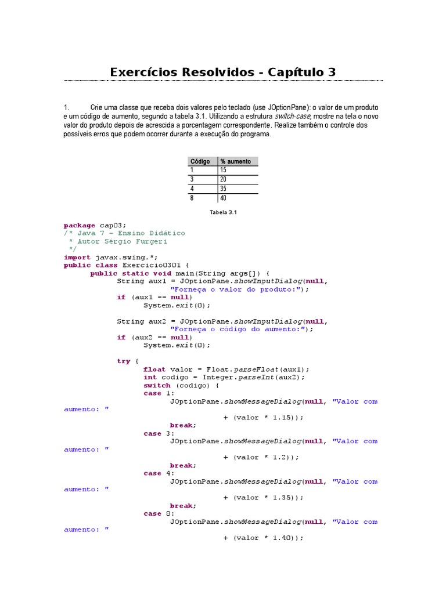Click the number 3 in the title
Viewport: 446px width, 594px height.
[x=332, y=73]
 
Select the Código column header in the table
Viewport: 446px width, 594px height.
[x=200, y=161]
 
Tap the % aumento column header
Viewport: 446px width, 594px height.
[x=236, y=161]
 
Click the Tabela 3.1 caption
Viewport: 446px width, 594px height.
[x=224, y=212]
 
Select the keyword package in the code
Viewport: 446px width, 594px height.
[x=80, y=225]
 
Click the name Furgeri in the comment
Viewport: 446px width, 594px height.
[x=169, y=241]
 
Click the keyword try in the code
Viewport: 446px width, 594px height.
[x=124, y=361]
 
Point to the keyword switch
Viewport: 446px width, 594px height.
[x=157, y=385]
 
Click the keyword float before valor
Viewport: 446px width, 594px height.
[x=154, y=369]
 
